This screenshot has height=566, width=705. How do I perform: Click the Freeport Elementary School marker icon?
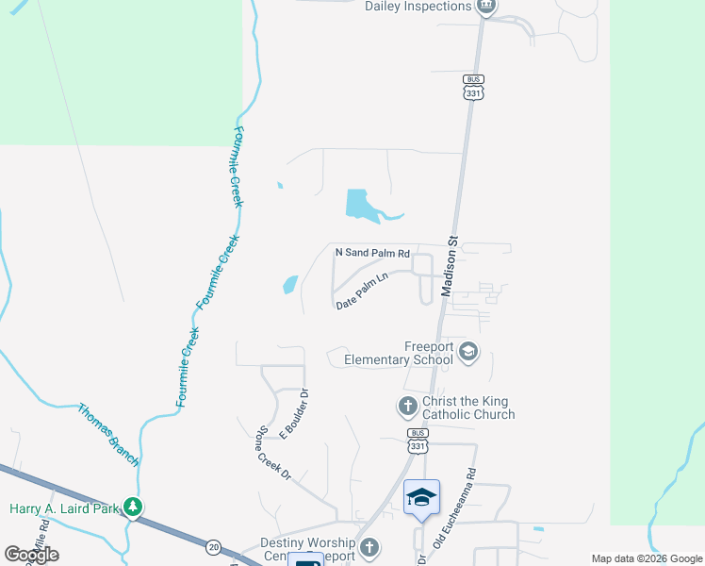468,354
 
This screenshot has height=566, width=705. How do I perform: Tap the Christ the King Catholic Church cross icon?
407,408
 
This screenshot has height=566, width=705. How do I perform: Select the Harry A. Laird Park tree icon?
134,508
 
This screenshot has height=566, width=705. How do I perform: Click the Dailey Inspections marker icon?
485,7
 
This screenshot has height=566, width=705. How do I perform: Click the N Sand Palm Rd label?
373,253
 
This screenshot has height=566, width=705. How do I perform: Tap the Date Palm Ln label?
363,291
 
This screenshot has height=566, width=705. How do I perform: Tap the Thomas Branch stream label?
107,435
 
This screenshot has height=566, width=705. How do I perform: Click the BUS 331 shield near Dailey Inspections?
473,87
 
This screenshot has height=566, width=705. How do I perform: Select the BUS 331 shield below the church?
418,439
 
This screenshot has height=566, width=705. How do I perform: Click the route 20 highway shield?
214,546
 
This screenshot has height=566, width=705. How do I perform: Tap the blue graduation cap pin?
421,496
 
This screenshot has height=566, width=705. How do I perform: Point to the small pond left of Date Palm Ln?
289,283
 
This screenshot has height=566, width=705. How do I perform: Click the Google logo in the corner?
31,555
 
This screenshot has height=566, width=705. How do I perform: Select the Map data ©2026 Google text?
647,558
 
